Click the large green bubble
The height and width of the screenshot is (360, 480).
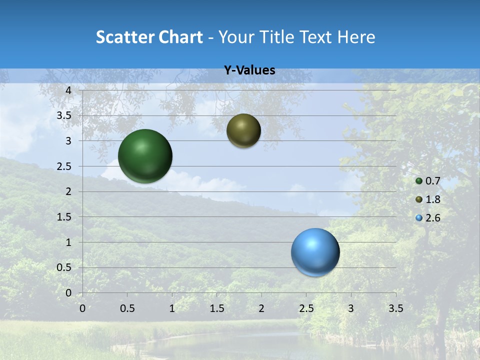pos(145,156)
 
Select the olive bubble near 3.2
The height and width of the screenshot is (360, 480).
pos(243,131)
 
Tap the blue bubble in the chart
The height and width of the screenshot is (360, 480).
pos(315,252)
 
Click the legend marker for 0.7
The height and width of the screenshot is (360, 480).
pos(419,181)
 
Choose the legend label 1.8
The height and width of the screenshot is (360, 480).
pos(432,199)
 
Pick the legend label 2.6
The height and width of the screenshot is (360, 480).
pos(432,218)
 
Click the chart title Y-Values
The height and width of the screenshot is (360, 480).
pos(249,70)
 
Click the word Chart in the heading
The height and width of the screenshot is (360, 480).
pos(181,37)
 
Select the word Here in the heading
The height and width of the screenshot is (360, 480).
pos(356,37)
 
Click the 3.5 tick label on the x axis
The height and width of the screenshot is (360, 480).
pos(395,308)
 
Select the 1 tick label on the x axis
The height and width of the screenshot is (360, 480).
pos(172,308)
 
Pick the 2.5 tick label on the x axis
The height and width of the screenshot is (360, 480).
pos(306,308)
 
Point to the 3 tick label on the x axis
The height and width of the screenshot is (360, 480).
pos(351,308)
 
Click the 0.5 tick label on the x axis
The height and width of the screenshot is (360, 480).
pos(127,308)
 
